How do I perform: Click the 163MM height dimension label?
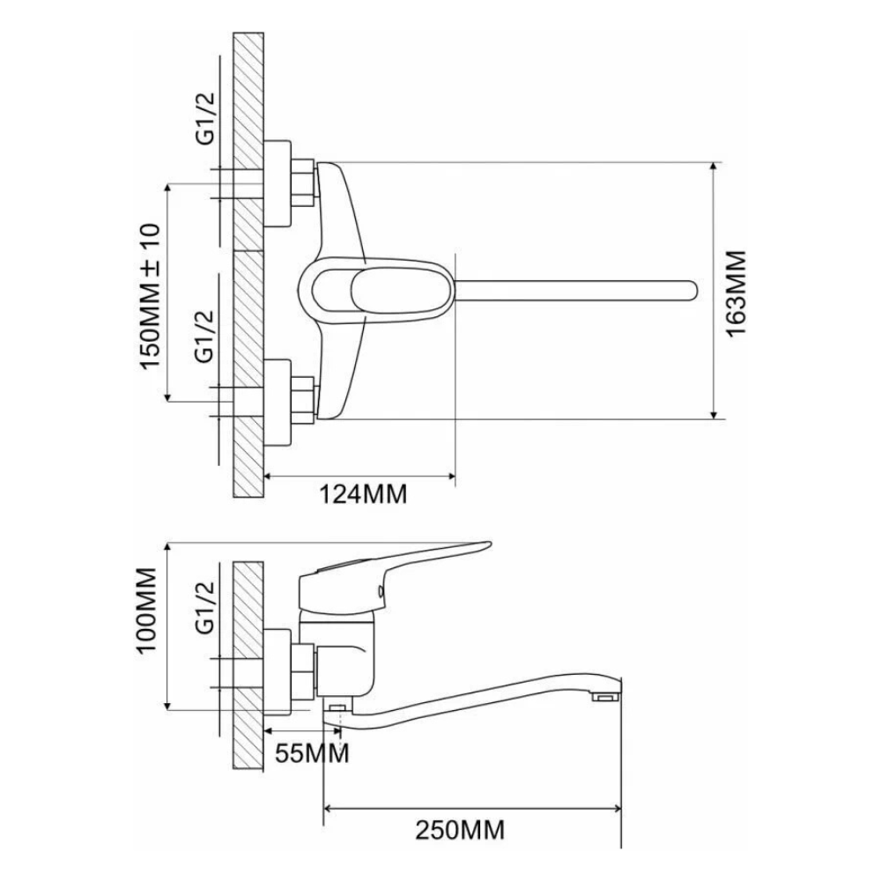737,292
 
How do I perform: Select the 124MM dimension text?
363,494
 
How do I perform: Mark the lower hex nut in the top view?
304,398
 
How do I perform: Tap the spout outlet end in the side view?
605,698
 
